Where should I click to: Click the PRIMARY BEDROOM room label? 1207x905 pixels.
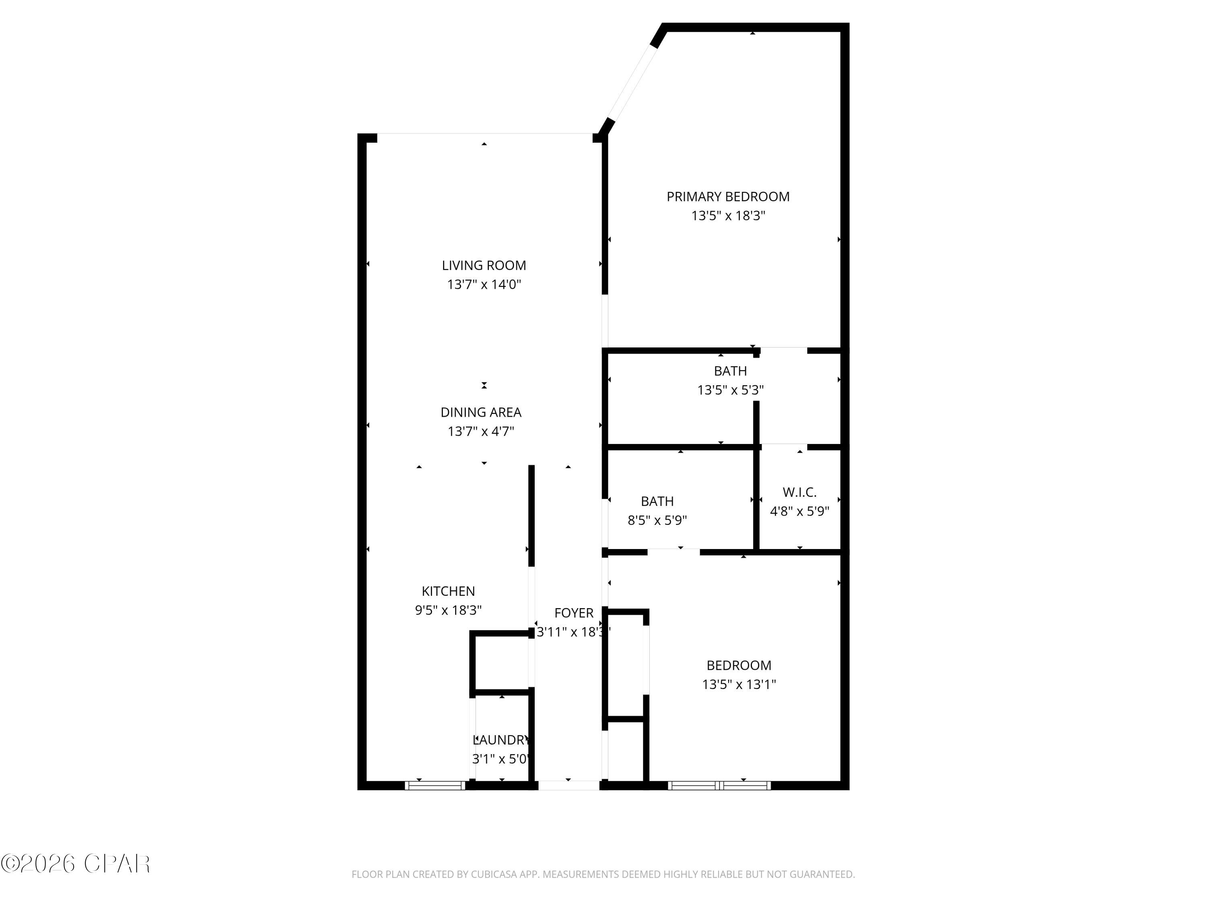[x=727, y=196]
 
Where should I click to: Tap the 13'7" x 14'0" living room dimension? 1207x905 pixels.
[x=484, y=284]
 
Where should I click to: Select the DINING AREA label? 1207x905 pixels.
[x=481, y=412]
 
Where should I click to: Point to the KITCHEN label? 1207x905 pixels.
[x=448, y=591]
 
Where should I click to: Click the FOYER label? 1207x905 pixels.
[x=573, y=613]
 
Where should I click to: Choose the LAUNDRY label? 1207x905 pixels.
[x=501, y=740]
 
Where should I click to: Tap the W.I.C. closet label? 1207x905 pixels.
[x=799, y=492]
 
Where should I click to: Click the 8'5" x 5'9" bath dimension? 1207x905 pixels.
[x=657, y=520]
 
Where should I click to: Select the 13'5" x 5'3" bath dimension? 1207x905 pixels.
[x=730, y=390]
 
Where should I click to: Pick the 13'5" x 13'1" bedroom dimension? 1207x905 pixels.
[x=738, y=684]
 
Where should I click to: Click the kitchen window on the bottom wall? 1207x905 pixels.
[x=435, y=786]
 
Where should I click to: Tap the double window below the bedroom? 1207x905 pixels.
[x=719, y=786]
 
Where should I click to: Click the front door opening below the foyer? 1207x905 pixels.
[x=568, y=786]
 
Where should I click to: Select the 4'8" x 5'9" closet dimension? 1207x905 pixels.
[x=799, y=511]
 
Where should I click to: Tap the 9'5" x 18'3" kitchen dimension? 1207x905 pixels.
[x=448, y=610]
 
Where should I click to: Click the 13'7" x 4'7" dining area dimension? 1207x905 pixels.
[x=481, y=431]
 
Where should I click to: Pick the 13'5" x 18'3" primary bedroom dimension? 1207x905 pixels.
[x=728, y=216]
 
